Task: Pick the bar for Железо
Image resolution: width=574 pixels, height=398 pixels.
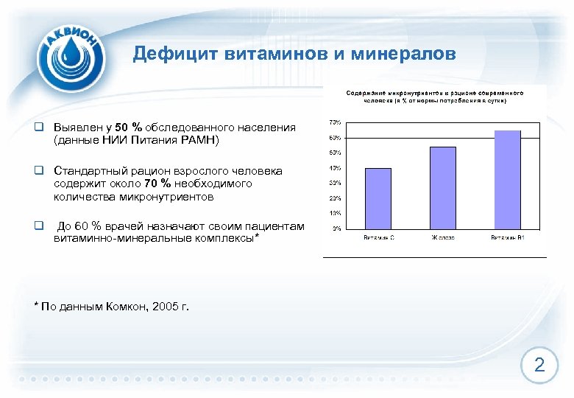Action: pyautogui.click(x=442, y=187)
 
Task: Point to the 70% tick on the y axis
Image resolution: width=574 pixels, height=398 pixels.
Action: pyautogui.click(x=334, y=122)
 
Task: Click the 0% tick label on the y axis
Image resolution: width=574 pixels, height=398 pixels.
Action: pyautogui.click(x=336, y=228)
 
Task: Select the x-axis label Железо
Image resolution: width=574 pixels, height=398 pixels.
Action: pyautogui.click(x=442, y=237)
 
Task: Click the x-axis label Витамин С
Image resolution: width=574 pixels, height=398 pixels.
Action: pyautogui.click(x=378, y=237)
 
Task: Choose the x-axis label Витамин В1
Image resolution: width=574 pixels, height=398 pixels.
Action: pyautogui.click(x=507, y=237)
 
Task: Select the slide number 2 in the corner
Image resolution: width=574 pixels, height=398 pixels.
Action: pyautogui.click(x=539, y=365)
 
